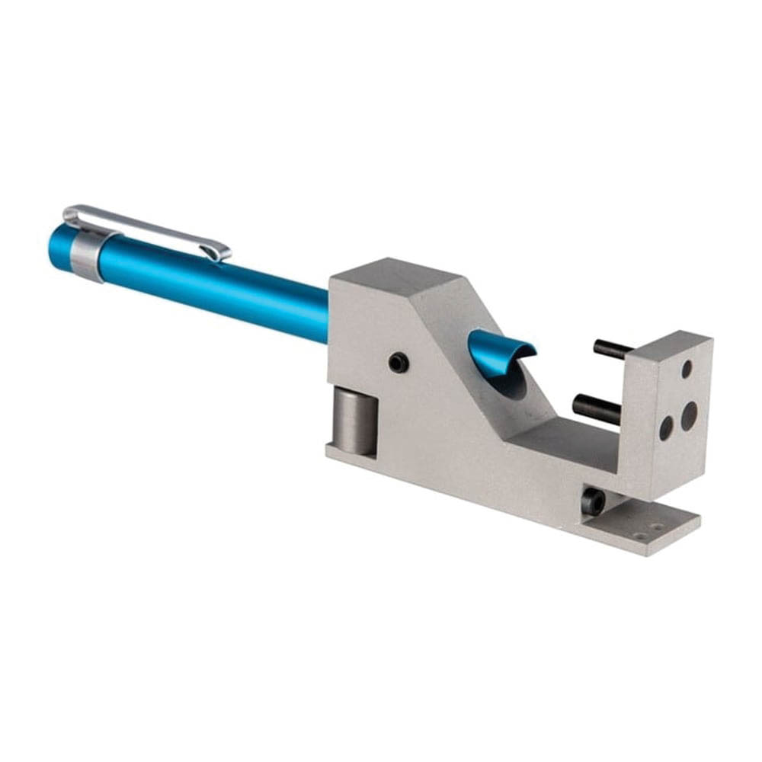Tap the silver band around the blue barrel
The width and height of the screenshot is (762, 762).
(87, 254)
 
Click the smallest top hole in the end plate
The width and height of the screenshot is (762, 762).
(686, 369)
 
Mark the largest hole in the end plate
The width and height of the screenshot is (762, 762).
(689, 415)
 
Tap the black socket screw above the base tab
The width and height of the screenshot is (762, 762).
(594, 501)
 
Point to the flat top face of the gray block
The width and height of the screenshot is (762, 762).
(396, 278)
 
